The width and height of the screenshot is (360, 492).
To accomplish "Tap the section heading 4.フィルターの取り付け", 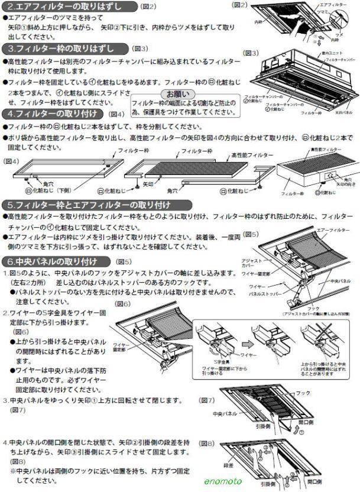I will coord(54,114).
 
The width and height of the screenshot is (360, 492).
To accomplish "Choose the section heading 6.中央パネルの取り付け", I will coord(57,261).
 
